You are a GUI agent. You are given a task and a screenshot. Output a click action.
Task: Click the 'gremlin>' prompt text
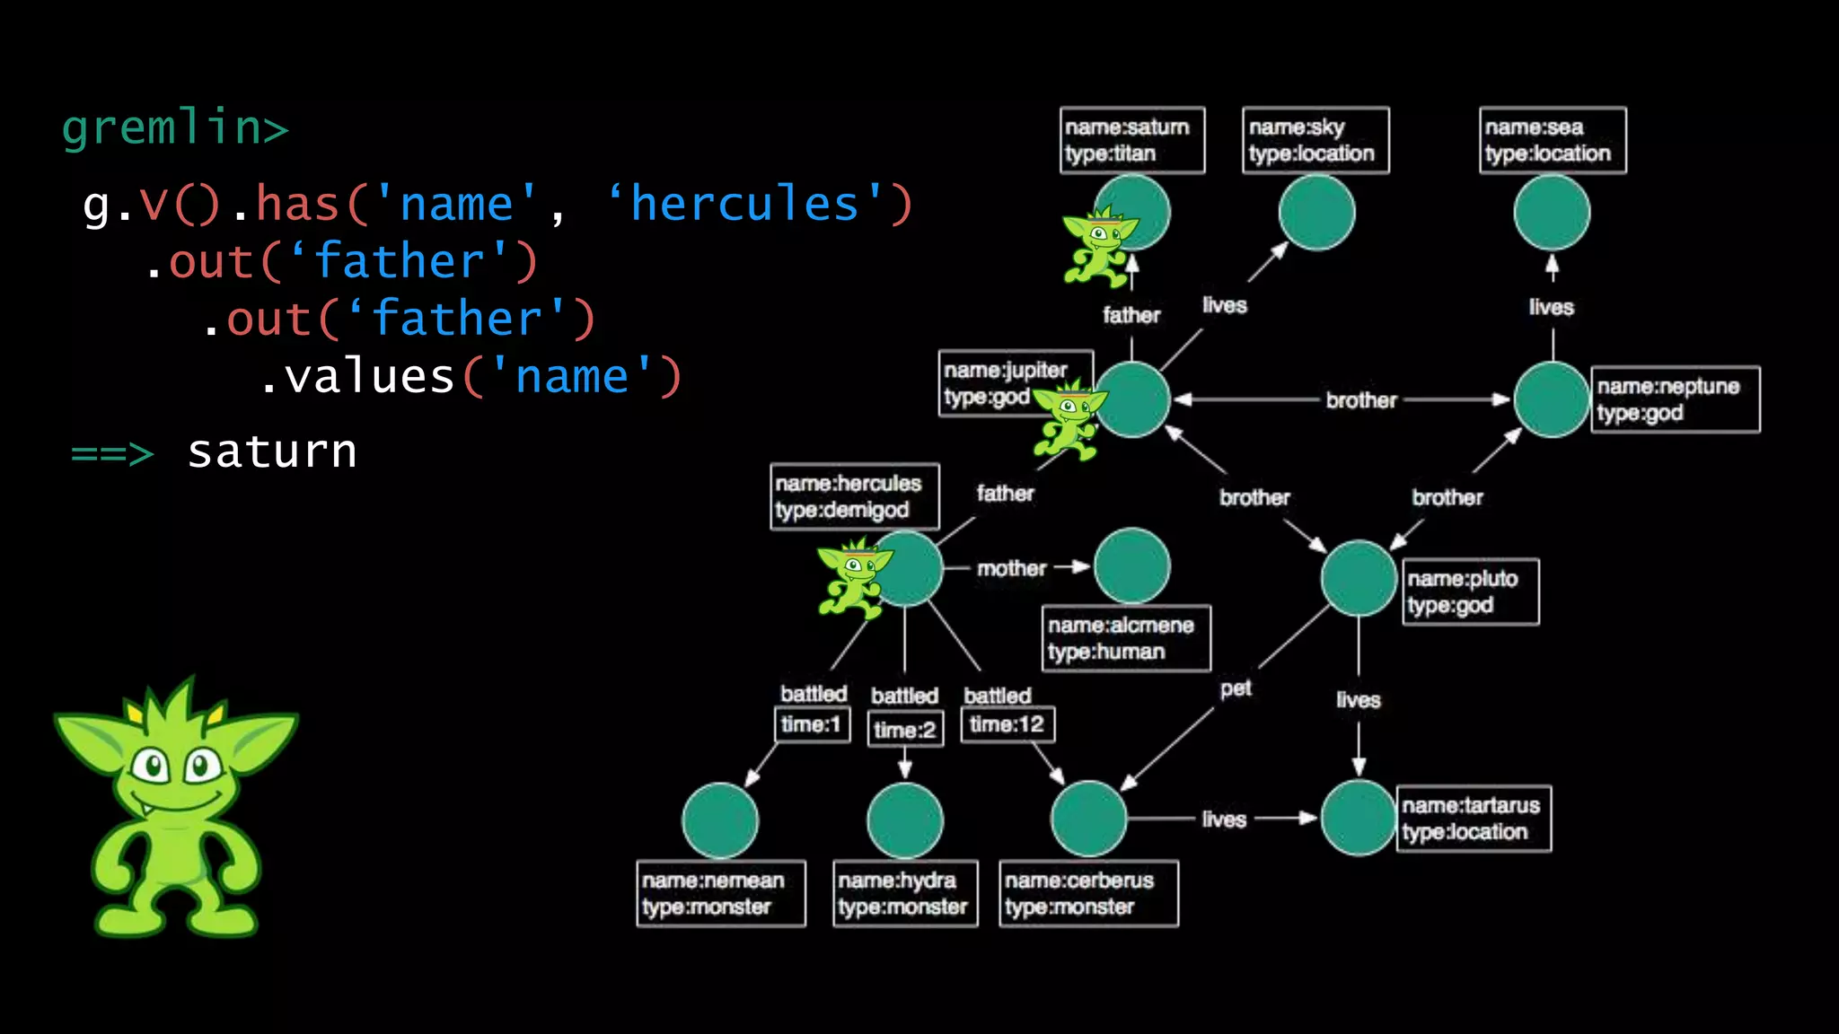(x=175, y=127)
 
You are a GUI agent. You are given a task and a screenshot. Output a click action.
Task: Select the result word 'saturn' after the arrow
(x=272, y=451)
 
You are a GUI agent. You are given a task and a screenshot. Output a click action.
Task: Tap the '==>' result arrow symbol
(x=112, y=453)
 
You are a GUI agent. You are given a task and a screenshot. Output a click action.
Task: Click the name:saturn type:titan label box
(x=1131, y=140)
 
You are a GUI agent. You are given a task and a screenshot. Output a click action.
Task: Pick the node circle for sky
(x=1316, y=213)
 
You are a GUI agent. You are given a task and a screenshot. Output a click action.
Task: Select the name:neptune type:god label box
(x=1675, y=399)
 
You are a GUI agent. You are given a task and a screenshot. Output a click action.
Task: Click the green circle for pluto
(x=1359, y=578)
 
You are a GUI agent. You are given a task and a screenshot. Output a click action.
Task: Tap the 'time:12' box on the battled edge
(x=1007, y=724)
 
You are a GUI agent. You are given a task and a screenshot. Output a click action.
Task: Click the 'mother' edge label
(x=1011, y=568)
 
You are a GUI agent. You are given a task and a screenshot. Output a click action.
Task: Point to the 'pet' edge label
(x=1236, y=688)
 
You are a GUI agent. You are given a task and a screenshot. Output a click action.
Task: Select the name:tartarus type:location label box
(x=1474, y=819)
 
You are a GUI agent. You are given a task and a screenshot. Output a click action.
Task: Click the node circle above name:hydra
(x=905, y=820)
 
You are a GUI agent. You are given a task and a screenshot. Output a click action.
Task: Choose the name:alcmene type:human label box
(x=1126, y=638)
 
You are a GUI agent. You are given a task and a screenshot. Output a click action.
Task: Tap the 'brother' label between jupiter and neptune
(x=1361, y=400)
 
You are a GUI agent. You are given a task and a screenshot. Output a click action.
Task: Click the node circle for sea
(x=1552, y=213)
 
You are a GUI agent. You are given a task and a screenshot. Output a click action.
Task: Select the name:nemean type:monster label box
(x=720, y=893)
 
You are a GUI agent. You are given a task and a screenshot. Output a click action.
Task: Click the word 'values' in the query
(x=370, y=376)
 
